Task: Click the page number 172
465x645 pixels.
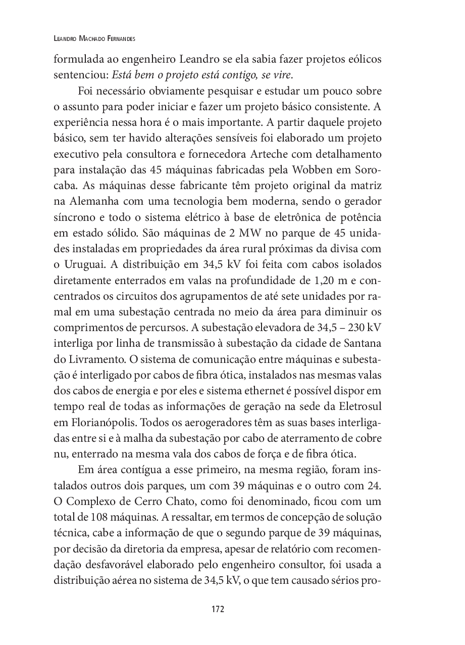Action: (218, 609)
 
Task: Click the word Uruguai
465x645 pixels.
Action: (83, 265)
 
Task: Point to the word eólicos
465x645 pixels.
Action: (363, 59)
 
